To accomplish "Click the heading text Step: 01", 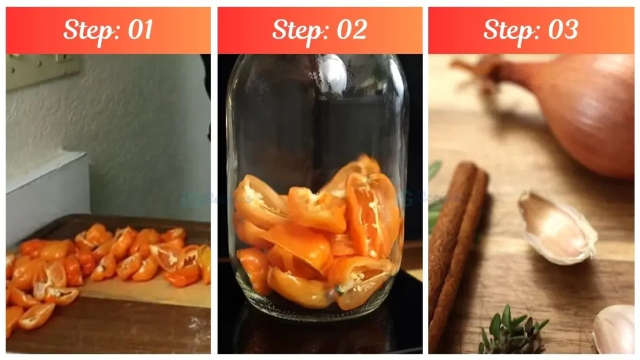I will click(x=108, y=29).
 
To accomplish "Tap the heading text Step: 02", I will click(x=319, y=29).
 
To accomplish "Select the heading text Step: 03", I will click(x=531, y=29).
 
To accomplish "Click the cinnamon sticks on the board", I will click(x=456, y=244).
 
